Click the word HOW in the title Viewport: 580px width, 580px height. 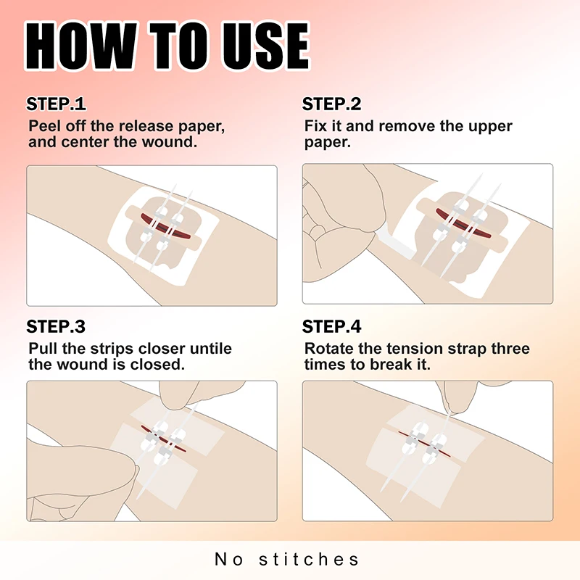click(x=80, y=46)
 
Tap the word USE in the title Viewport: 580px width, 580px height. click(x=265, y=46)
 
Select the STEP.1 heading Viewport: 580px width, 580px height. click(x=56, y=104)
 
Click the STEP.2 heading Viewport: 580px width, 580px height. click(x=332, y=104)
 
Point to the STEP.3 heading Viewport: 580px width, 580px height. click(x=56, y=327)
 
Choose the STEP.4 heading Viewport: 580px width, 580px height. click(x=332, y=327)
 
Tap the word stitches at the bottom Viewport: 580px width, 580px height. click(x=309, y=559)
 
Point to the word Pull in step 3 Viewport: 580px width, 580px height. click(x=43, y=349)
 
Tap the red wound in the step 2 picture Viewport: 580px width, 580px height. click(x=463, y=223)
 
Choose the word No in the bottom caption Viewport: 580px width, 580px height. click(x=229, y=559)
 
